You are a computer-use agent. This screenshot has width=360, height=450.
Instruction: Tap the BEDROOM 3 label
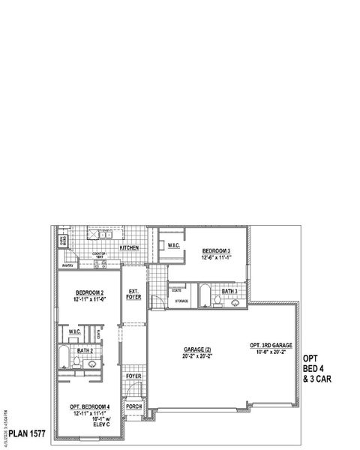click(x=216, y=250)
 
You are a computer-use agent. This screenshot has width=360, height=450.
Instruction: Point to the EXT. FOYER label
click(x=134, y=295)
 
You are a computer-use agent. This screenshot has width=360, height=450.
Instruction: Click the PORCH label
click(x=134, y=406)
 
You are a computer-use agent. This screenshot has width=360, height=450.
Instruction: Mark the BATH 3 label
click(x=230, y=291)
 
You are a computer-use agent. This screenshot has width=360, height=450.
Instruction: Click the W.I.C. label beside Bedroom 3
click(x=172, y=245)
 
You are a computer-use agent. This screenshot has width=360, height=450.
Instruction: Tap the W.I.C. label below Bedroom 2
click(x=75, y=331)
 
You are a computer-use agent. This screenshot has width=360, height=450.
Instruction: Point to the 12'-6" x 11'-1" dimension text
click(x=216, y=257)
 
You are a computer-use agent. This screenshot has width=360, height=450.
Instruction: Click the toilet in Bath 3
click(x=217, y=301)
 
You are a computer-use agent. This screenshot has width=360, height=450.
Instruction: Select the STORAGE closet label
click(x=182, y=301)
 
